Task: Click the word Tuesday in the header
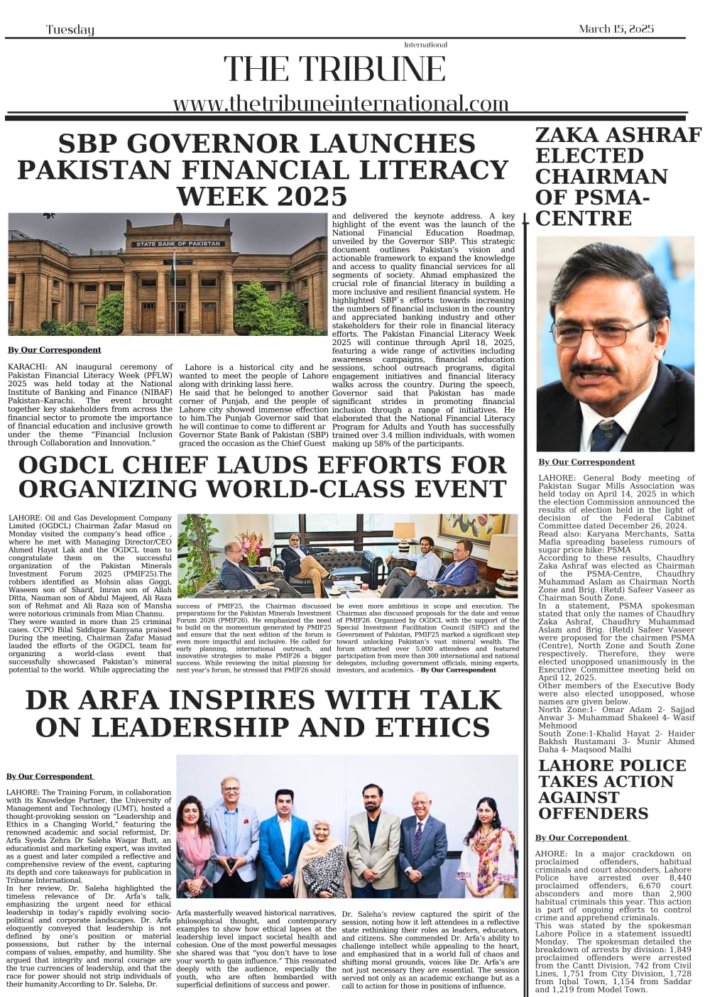click(x=70, y=29)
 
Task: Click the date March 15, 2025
click(x=616, y=28)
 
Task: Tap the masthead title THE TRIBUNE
click(x=334, y=70)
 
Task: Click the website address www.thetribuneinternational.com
click(x=341, y=104)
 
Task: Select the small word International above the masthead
click(x=425, y=45)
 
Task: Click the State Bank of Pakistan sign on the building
click(x=178, y=244)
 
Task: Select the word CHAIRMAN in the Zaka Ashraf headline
click(x=601, y=176)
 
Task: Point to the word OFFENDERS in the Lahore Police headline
click(x=593, y=813)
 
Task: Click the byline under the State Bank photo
click(x=55, y=349)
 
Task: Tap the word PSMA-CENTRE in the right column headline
click(x=592, y=207)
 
